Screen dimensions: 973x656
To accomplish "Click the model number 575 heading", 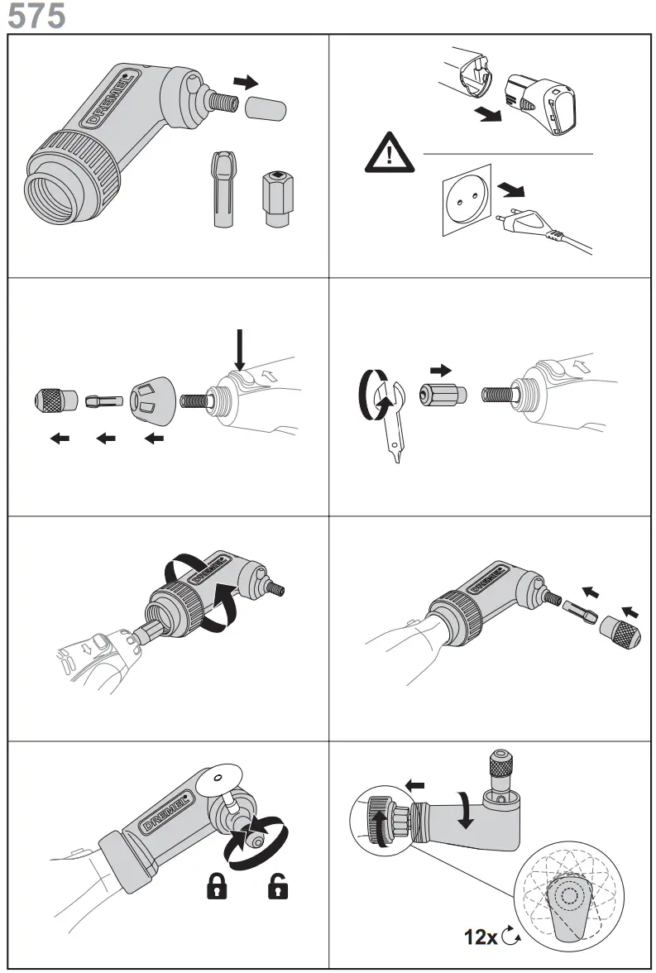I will pos(36,16).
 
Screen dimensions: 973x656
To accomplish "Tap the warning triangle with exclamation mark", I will pos(389,156).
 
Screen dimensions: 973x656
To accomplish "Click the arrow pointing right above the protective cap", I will pos(245,82).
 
